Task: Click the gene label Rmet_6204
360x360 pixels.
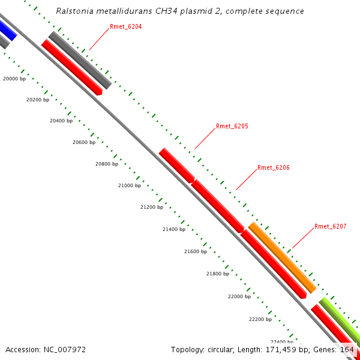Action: (x=126, y=27)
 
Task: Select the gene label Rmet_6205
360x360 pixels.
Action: (x=232, y=127)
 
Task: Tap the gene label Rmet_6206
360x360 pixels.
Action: (x=274, y=168)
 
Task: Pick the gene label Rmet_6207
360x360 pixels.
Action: (x=331, y=227)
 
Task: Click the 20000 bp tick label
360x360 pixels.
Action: (x=14, y=79)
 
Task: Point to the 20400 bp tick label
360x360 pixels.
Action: (x=61, y=121)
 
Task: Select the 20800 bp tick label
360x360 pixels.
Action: (x=107, y=164)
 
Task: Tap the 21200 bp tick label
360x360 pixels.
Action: (x=152, y=207)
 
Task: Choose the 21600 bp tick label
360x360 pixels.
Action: (x=196, y=251)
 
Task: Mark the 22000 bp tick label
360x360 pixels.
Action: (x=239, y=296)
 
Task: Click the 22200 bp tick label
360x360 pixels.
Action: (x=260, y=319)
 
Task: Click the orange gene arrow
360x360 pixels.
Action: (x=282, y=257)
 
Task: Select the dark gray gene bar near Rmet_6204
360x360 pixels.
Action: (x=80, y=61)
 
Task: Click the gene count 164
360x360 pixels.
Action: (x=347, y=349)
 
